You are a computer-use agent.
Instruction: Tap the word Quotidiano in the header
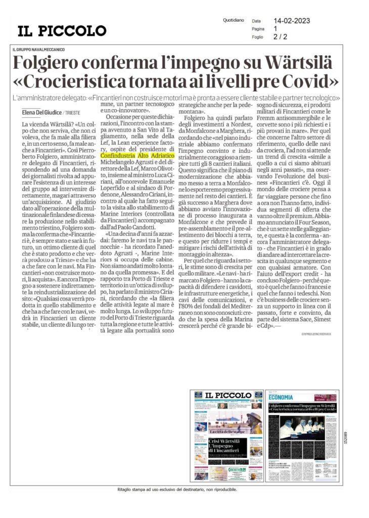[x=233, y=20]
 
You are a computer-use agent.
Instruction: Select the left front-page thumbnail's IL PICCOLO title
[x=227, y=395]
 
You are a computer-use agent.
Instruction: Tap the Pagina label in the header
[x=258, y=29]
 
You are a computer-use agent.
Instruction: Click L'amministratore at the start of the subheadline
[x=39, y=97]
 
